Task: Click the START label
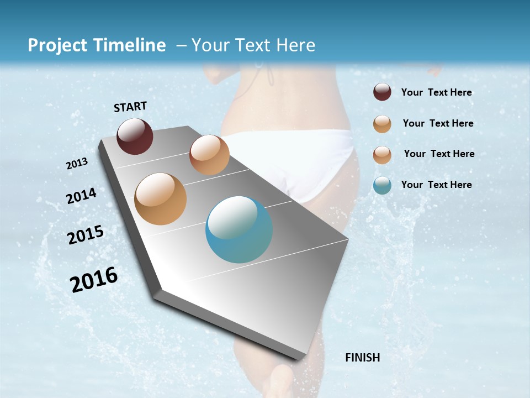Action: pyautogui.click(x=130, y=107)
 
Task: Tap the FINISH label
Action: pyautogui.click(x=362, y=358)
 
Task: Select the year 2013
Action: pyautogui.click(x=77, y=164)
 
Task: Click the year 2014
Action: pyautogui.click(x=81, y=196)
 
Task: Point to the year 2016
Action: pyautogui.click(x=94, y=280)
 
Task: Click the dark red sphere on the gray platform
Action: pyautogui.click(x=135, y=136)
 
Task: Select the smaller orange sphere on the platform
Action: pyautogui.click(x=209, y=155)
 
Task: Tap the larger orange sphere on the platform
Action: pyautogui.click(x=161, y=199)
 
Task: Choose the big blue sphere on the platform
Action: pyautogui.click(x=239, y=229)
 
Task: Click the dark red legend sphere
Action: pyautogui.click(x=382, y=92)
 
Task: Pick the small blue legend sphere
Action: pyautogui.click(x=382, y=185)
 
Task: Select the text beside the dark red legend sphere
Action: pyautogui.click(x=436, y=92)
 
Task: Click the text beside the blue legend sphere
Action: pyautogui.click(x=436, y=185)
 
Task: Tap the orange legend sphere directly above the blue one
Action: pyautogui.click(x=382, y=155)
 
